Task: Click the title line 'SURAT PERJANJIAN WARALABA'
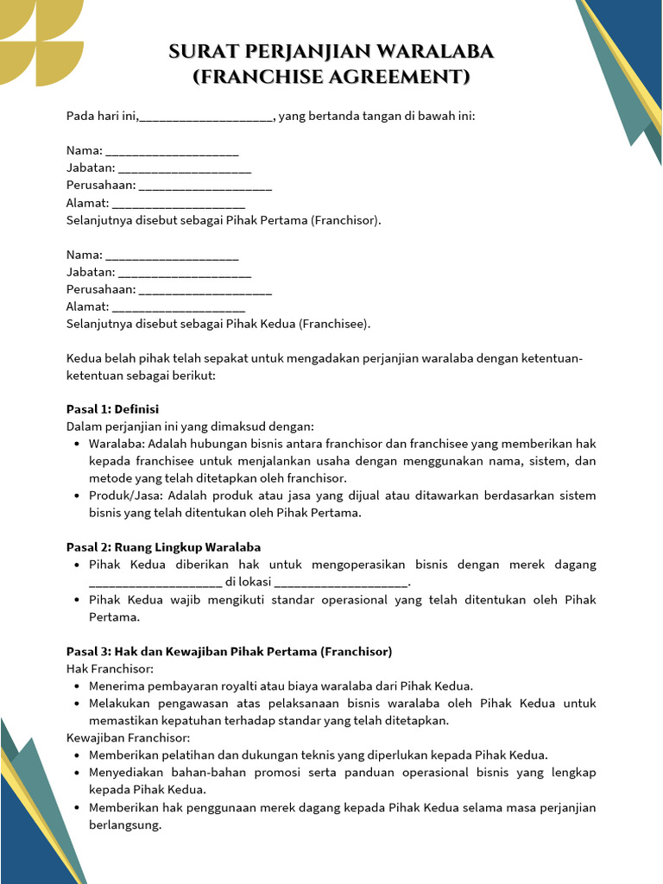331,53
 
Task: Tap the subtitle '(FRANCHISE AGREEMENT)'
331,78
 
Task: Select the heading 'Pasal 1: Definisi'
112,409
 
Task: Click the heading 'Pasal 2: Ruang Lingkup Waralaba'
163,547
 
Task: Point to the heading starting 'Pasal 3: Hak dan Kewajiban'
229,651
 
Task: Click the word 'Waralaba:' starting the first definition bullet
117,444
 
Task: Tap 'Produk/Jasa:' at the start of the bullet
126,496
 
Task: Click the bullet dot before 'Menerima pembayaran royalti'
78,686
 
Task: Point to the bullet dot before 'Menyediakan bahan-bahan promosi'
78,773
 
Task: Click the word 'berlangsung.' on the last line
125,824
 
